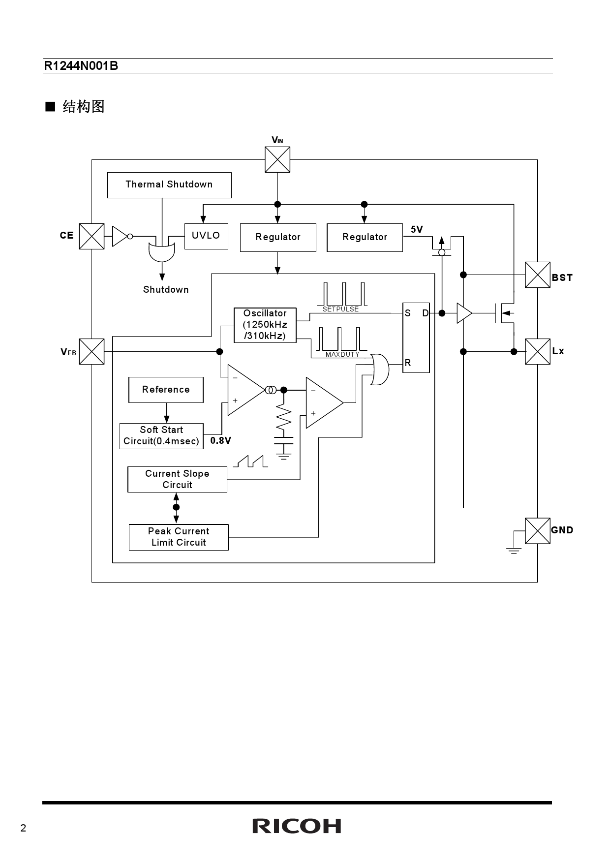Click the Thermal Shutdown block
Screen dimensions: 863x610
[x=169, y=185]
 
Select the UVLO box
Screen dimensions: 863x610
[x=206, y=236]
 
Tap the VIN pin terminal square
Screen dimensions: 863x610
[x=277, y=159]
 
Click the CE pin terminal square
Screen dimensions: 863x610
[x=91, y=236]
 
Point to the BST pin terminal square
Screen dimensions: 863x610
[x=537, y=275]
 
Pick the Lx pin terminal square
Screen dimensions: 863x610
[x=537, y=351]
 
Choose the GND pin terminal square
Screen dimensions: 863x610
[x=537, y=530]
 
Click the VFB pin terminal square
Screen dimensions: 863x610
[x=91, y=351]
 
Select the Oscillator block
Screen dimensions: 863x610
[x=265, y=325]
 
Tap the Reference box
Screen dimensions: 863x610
[x=166, y=390]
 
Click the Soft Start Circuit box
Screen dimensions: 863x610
[x=161, y=436]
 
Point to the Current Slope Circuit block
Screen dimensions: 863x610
[x=177, y=479]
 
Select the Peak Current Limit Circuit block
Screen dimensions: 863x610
[x=179, y=537]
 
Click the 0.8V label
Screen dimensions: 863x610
[x=220, y=441]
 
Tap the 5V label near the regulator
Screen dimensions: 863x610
[x=417, y=230]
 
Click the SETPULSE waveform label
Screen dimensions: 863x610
[x=340, y=309]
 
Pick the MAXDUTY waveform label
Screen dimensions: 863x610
[x=342, y=355]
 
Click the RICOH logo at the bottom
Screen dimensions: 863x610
[x=297, y=826]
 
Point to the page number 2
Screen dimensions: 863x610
[x=23, y=829]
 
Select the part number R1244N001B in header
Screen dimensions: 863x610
[x=81, y=66]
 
